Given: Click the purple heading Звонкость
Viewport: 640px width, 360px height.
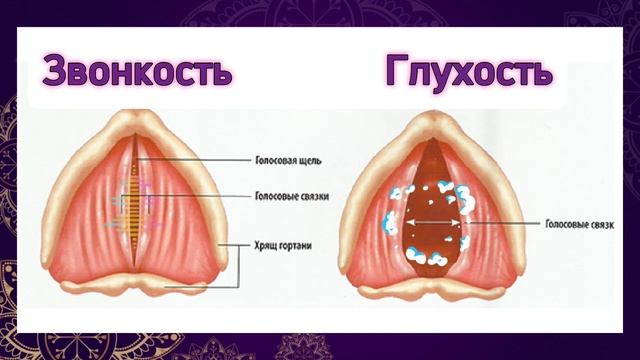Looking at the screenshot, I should [137, 72].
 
